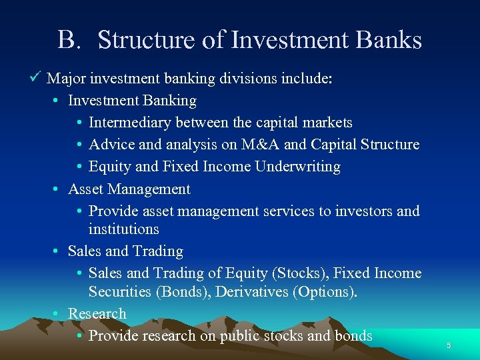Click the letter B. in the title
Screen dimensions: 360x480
pyautogui.click(x=69, y=40)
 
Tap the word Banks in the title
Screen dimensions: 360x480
pyautogui.click(x=389, y=40)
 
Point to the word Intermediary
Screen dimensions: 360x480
pyautogui.click(x=125, y=123)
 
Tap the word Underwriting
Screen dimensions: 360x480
pyautogui.click(x=299, y=167)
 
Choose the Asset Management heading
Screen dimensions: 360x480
pyautogui.click(x=129, y=189)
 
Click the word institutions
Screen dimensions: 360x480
pyautogui.click(x=123, y=229)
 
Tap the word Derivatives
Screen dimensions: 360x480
pyautogui.click(x=253, y=291)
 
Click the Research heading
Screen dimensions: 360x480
pyautogui.click(x=97, y=313)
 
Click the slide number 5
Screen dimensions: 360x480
pyautogui.click(x=449, y=345)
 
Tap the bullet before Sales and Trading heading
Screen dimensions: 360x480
pyautogui.click(x=57, y=251)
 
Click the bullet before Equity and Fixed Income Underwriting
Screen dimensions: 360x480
pyautogui.click(x=79, y=167)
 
